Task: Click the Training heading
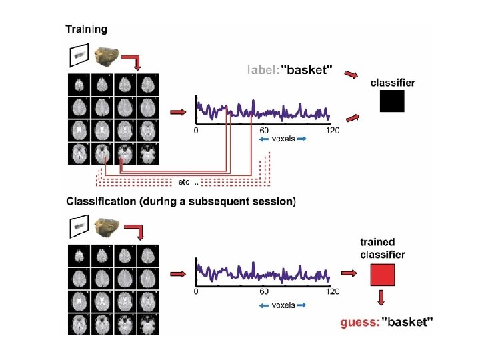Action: pos(86,29)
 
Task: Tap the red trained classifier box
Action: pos(383,274)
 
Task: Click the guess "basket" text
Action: pos(387,323)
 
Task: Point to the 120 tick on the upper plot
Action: pos(331,131)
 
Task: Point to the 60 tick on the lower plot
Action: pos(264,291)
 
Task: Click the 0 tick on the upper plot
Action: pos(195,131)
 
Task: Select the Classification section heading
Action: pos(181,201)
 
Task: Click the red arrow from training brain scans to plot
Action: pos(177,112)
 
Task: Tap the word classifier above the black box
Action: pos(393,83)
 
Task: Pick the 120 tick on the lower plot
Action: pos(331,291)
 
